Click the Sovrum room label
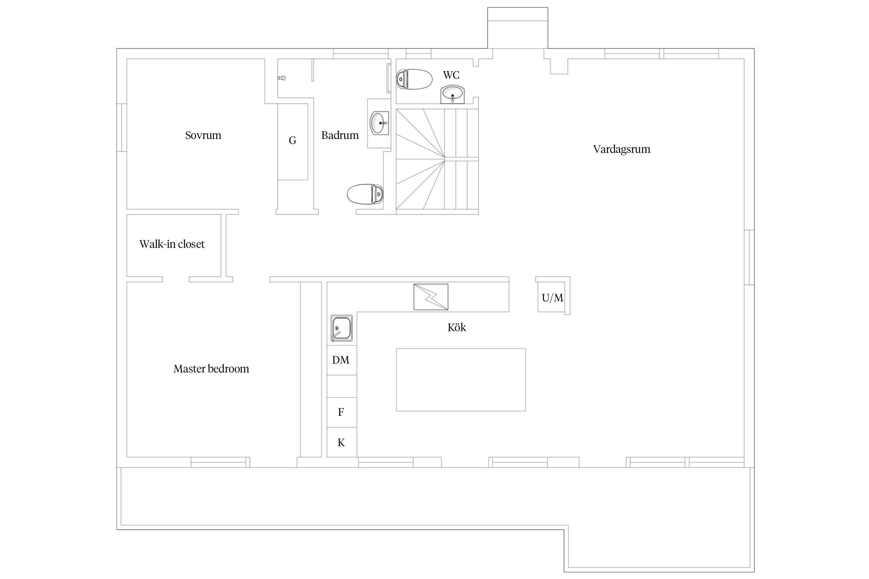203,135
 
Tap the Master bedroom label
211,369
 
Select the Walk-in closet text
172,244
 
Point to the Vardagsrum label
622,149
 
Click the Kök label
457,327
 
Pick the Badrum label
340,135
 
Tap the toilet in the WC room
414,79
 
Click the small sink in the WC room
453,95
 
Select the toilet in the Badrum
365,194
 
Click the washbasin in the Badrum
380,123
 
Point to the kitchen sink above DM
341,328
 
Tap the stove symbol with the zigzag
431,297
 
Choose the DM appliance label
341,360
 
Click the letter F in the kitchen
341,412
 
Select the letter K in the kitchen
341,443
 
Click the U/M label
552,298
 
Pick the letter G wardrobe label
293,141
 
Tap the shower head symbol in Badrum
282,78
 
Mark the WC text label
451,75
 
